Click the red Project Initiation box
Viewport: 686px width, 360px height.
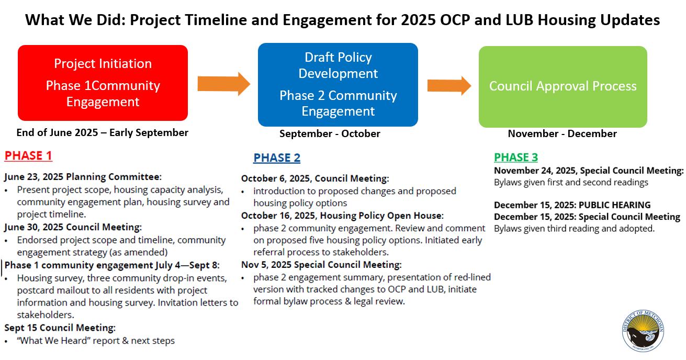pyautogui.click(x=103, y=83)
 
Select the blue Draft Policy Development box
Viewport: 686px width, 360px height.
pyautogui.click(x=338, y=85)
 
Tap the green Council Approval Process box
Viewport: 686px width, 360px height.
pyautogui.click(x=563, y=86)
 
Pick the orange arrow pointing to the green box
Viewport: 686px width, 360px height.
pyautogui.click(x=449, y=85)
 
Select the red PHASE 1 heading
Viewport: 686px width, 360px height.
pyautogui.click(x=28, y=155)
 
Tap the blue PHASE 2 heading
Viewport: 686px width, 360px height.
pyautogui.click(x=277, y=158)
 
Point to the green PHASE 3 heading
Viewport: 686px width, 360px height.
pyautogui.click(x=515, y=157)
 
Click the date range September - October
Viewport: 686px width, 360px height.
pyautogui.click(x=330, y=133)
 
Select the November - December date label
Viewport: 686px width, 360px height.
pyautogui.click(x=562, y=133)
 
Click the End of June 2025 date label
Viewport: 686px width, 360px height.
pyautogui.click(x=102, y=132)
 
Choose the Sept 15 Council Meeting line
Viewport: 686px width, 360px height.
pyautogui.click(x=60, y=328)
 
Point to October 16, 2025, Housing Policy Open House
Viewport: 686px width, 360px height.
pyautogui.click(x=342, y=216)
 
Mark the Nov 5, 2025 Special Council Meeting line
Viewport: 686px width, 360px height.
pyautogui.click(x=321, y=265)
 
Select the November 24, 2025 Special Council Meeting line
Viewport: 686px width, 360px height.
pyautogui.click(x=589, y=171)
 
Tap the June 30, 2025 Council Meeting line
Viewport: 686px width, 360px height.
pyautogui.click(x=73, y=227)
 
